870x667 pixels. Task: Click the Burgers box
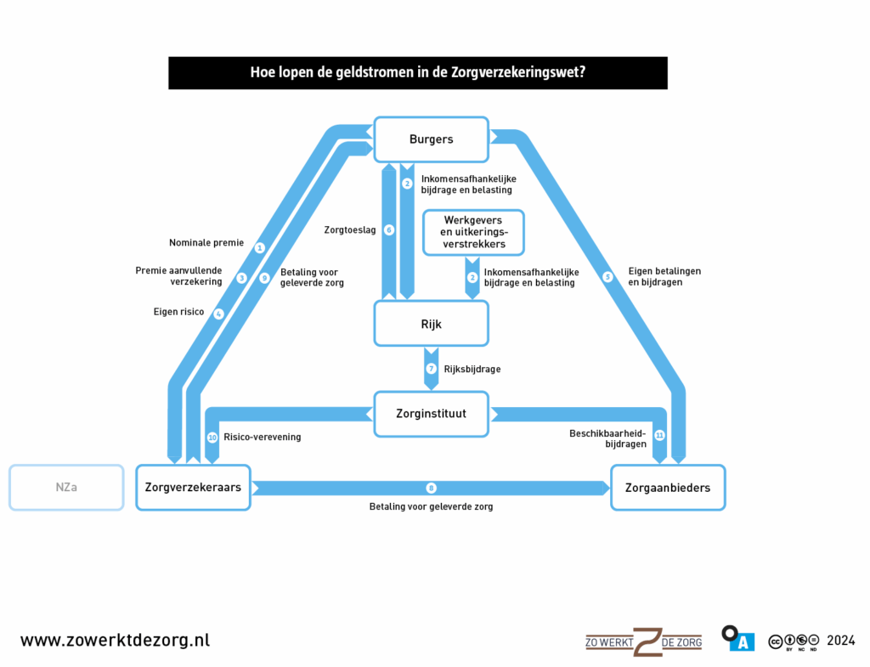pos(432,139)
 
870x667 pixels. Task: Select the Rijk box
pos(432,324)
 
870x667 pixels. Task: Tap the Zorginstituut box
pos(432,414)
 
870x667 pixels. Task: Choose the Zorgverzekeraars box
pos(193,488)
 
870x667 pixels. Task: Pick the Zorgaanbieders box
pos(668,488)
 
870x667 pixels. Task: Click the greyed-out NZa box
pos(66,488)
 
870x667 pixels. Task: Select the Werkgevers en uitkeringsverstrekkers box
pos(473,232)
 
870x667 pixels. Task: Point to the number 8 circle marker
pos(432,488)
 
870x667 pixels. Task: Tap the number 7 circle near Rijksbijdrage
pos(432,369)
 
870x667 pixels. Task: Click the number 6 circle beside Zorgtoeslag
pos(389,229)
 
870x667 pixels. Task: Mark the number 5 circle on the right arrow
pos(607,276)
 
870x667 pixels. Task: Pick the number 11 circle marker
pos(660,435)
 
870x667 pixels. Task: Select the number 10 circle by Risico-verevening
pos(212,438)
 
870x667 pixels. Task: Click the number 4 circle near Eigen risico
pos(219,314)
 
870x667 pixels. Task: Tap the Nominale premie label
pos(206,243)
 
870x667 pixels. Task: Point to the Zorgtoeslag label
pos(349,229)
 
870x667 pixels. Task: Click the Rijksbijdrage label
pos(472,370)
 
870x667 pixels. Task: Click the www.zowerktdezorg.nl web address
pos(115,641)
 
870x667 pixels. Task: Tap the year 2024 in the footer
pos(840,641)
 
